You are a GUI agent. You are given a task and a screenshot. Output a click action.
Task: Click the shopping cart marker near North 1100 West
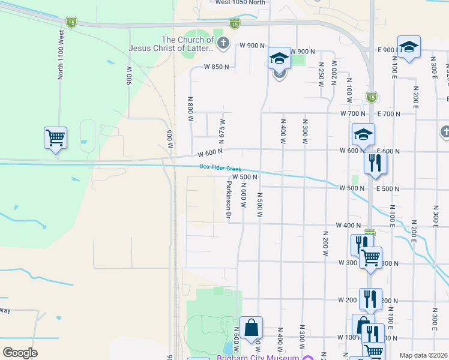pos(55,139)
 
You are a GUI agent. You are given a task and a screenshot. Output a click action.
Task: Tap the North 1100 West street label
pos(60,60)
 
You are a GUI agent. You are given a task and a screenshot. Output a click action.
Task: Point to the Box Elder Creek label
pos(220,169)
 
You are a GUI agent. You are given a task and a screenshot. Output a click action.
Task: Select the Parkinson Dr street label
pos(229,200)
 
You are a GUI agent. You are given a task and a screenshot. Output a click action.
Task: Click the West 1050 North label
pos(240,3)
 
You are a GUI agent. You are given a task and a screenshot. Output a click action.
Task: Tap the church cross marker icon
pos(223,43)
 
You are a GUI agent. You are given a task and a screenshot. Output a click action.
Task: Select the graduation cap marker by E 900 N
pos(409,47)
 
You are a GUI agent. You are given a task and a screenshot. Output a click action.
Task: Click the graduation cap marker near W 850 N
pos(279,59)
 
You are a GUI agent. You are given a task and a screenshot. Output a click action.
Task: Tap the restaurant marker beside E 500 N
pos(375,163)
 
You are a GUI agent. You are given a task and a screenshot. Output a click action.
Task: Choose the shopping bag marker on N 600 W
pos(252,328)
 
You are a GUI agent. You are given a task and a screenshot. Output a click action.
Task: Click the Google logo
pos(20,353)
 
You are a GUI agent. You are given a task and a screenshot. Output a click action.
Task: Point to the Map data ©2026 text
pos(423,355)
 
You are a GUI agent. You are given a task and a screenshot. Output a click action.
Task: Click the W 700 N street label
pos(352,113)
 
